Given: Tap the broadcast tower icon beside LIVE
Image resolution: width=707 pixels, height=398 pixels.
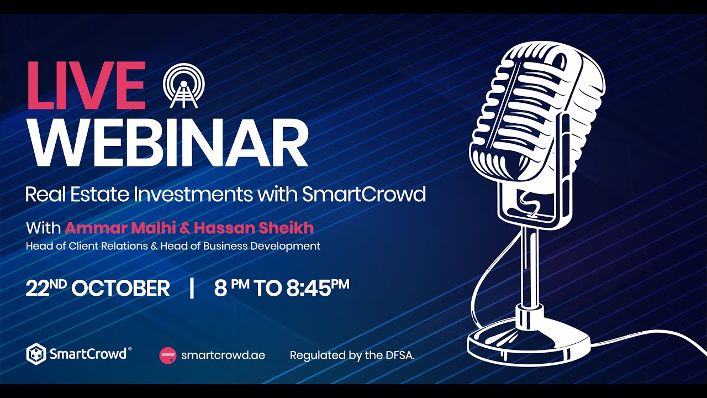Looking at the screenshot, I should click(184, 87).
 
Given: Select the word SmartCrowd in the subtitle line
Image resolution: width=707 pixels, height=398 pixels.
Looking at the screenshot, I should click(364, 194).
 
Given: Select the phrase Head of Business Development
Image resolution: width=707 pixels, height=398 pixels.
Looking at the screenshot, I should click(240, 246).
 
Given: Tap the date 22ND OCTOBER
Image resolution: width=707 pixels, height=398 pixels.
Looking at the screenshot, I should click(98, 288).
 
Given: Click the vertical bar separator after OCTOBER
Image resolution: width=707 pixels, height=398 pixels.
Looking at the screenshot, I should click(192, 288).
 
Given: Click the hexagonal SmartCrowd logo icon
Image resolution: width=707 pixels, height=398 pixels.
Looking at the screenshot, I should click(36, 354).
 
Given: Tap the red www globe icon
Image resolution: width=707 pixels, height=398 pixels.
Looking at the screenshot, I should click(167, 355).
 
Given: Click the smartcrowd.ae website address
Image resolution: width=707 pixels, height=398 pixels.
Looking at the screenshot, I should click(223, 355).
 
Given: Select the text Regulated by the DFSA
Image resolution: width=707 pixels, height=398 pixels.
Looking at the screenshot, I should click(352, 355).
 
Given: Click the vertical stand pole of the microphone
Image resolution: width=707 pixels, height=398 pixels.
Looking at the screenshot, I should click(529, 265).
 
